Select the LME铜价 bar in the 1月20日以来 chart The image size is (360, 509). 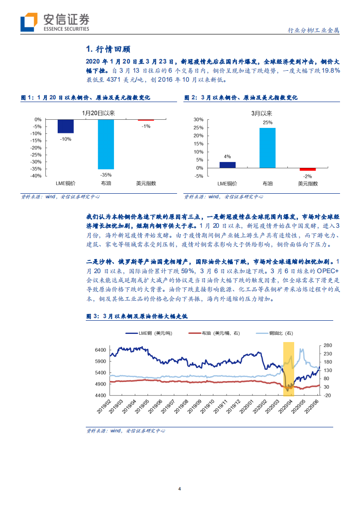coord(65,126)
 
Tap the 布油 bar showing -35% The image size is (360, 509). coord(105,144)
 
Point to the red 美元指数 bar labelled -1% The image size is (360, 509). coord(146,120)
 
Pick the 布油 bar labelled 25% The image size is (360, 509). coord(267,148)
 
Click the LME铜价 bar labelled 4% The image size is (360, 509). coord(227,165)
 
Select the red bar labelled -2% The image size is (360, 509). coord(307,169)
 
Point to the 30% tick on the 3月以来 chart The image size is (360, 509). coord(198,119)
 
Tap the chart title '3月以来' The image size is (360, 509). coord(261,113)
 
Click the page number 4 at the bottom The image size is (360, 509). coord(180,489)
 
